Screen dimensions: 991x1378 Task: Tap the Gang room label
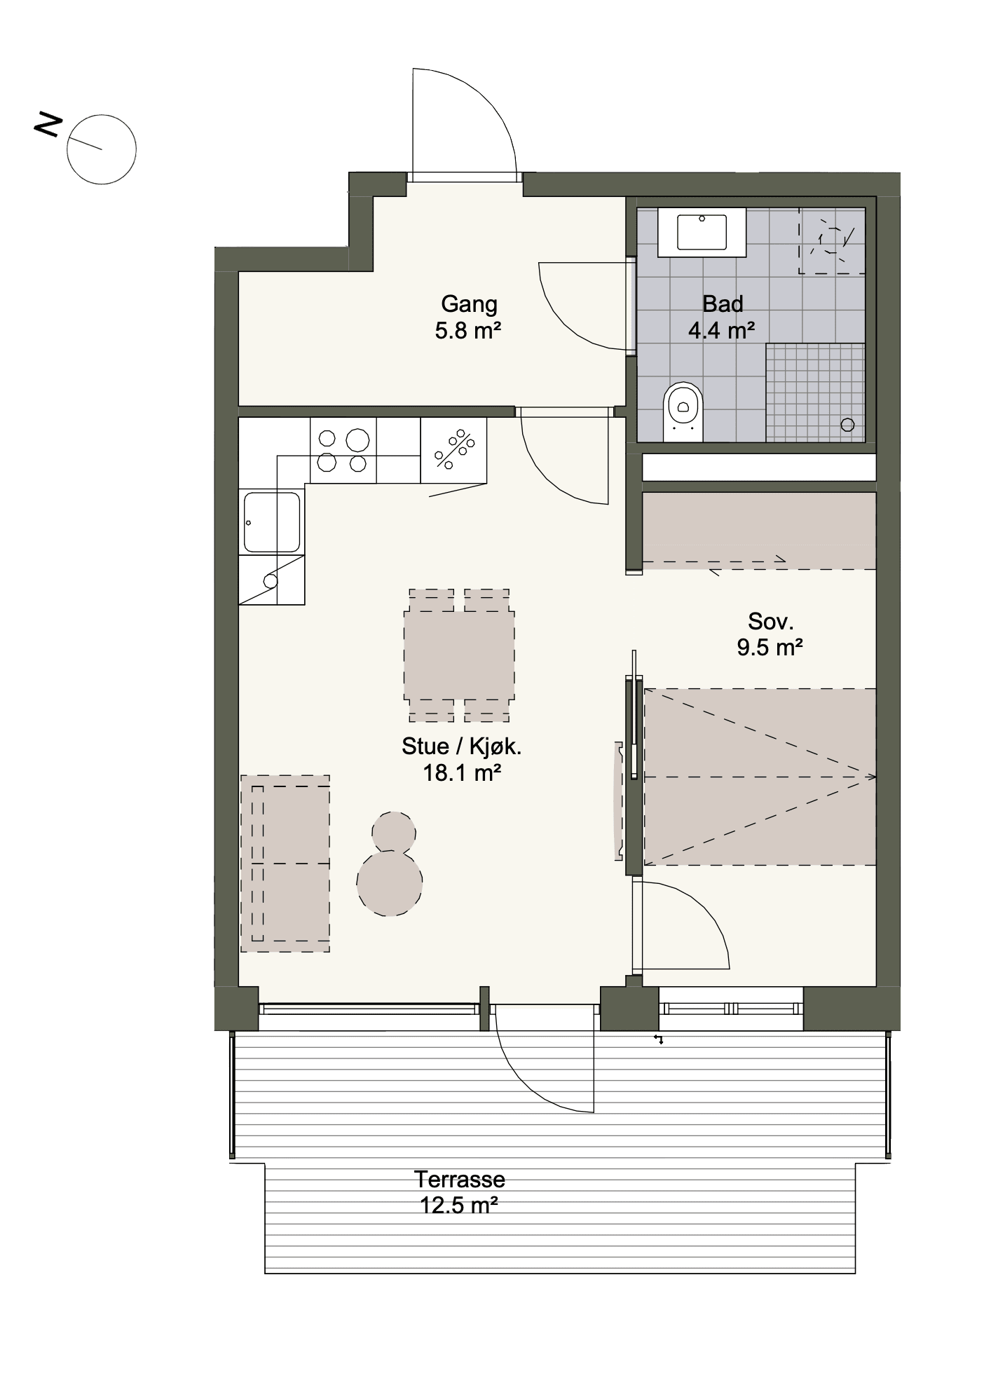[469, 304]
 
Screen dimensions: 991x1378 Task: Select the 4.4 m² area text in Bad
[721, 330]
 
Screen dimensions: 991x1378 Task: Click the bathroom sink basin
[701, 232]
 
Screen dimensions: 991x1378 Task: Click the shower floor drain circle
[847, 425]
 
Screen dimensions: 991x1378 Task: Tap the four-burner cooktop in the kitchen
[343, 450]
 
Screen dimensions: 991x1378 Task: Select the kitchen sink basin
[272, 521]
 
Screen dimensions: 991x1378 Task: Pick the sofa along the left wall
[285, 863]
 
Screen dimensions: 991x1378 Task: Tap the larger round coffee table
[390, 882]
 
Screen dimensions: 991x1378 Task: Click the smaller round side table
[393, 833]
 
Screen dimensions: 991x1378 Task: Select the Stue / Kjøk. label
[461, 746]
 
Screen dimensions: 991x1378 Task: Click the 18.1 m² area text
[461, 773]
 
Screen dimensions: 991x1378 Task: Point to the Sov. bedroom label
[770, 621]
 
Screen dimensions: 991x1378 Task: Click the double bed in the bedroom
[760, 777]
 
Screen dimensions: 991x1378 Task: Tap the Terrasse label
[459, 1179]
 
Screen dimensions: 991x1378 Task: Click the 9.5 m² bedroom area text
[770, 647]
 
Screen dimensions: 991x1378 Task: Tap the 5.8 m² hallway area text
[468, 330]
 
